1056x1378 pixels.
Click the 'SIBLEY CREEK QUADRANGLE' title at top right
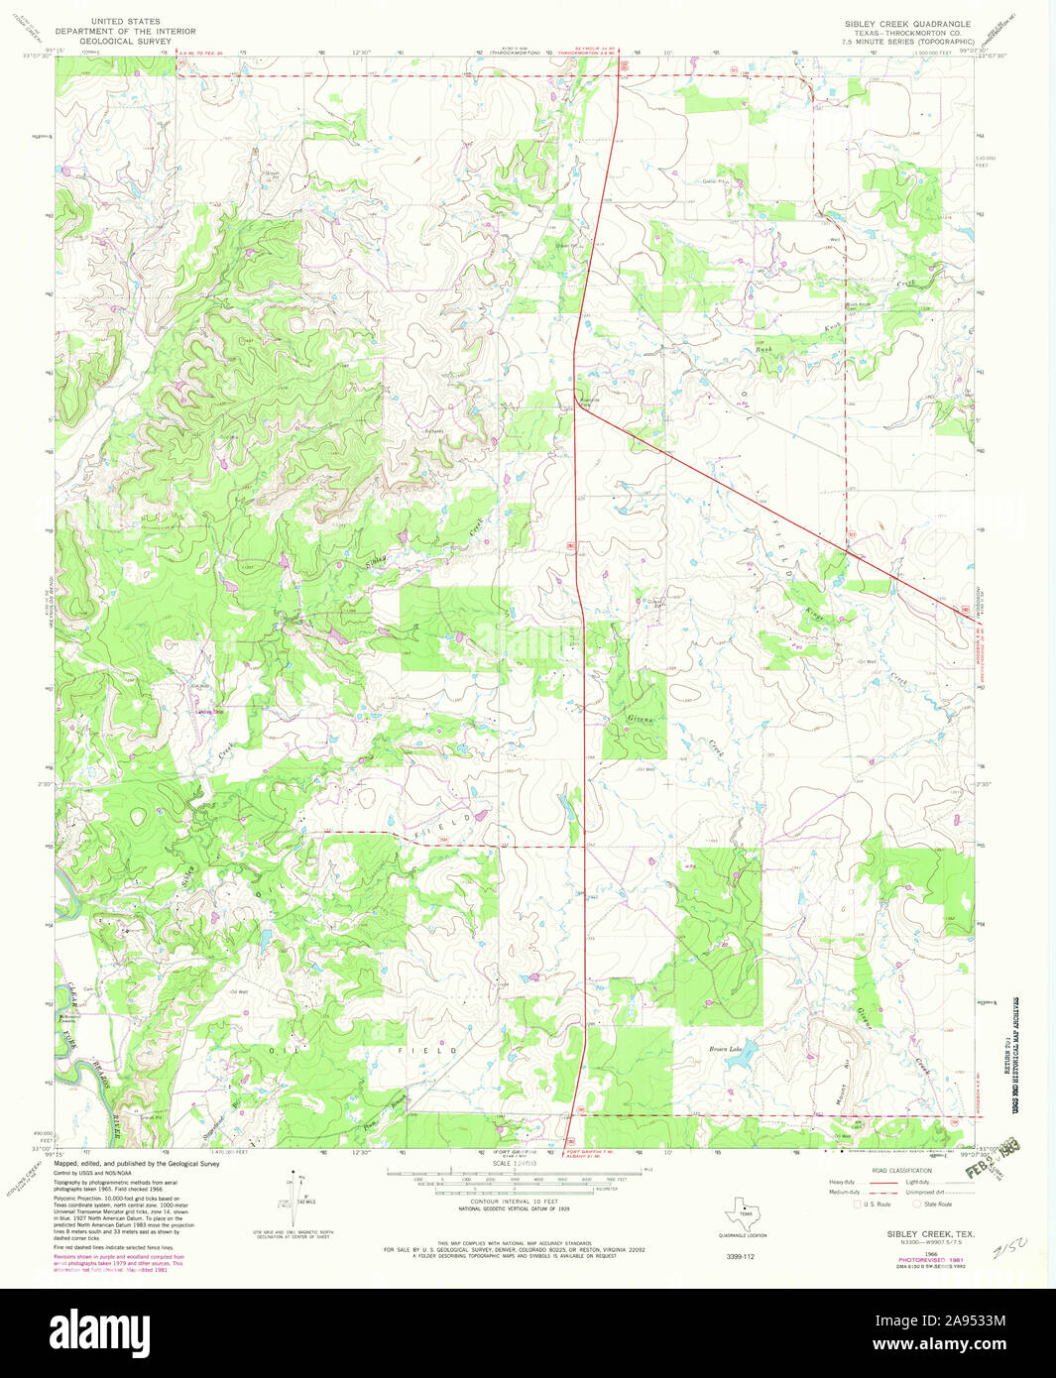[x=907, y=23]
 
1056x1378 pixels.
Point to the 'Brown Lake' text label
[x=725, y=1048]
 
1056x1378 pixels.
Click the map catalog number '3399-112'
[x=735, y=1256]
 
